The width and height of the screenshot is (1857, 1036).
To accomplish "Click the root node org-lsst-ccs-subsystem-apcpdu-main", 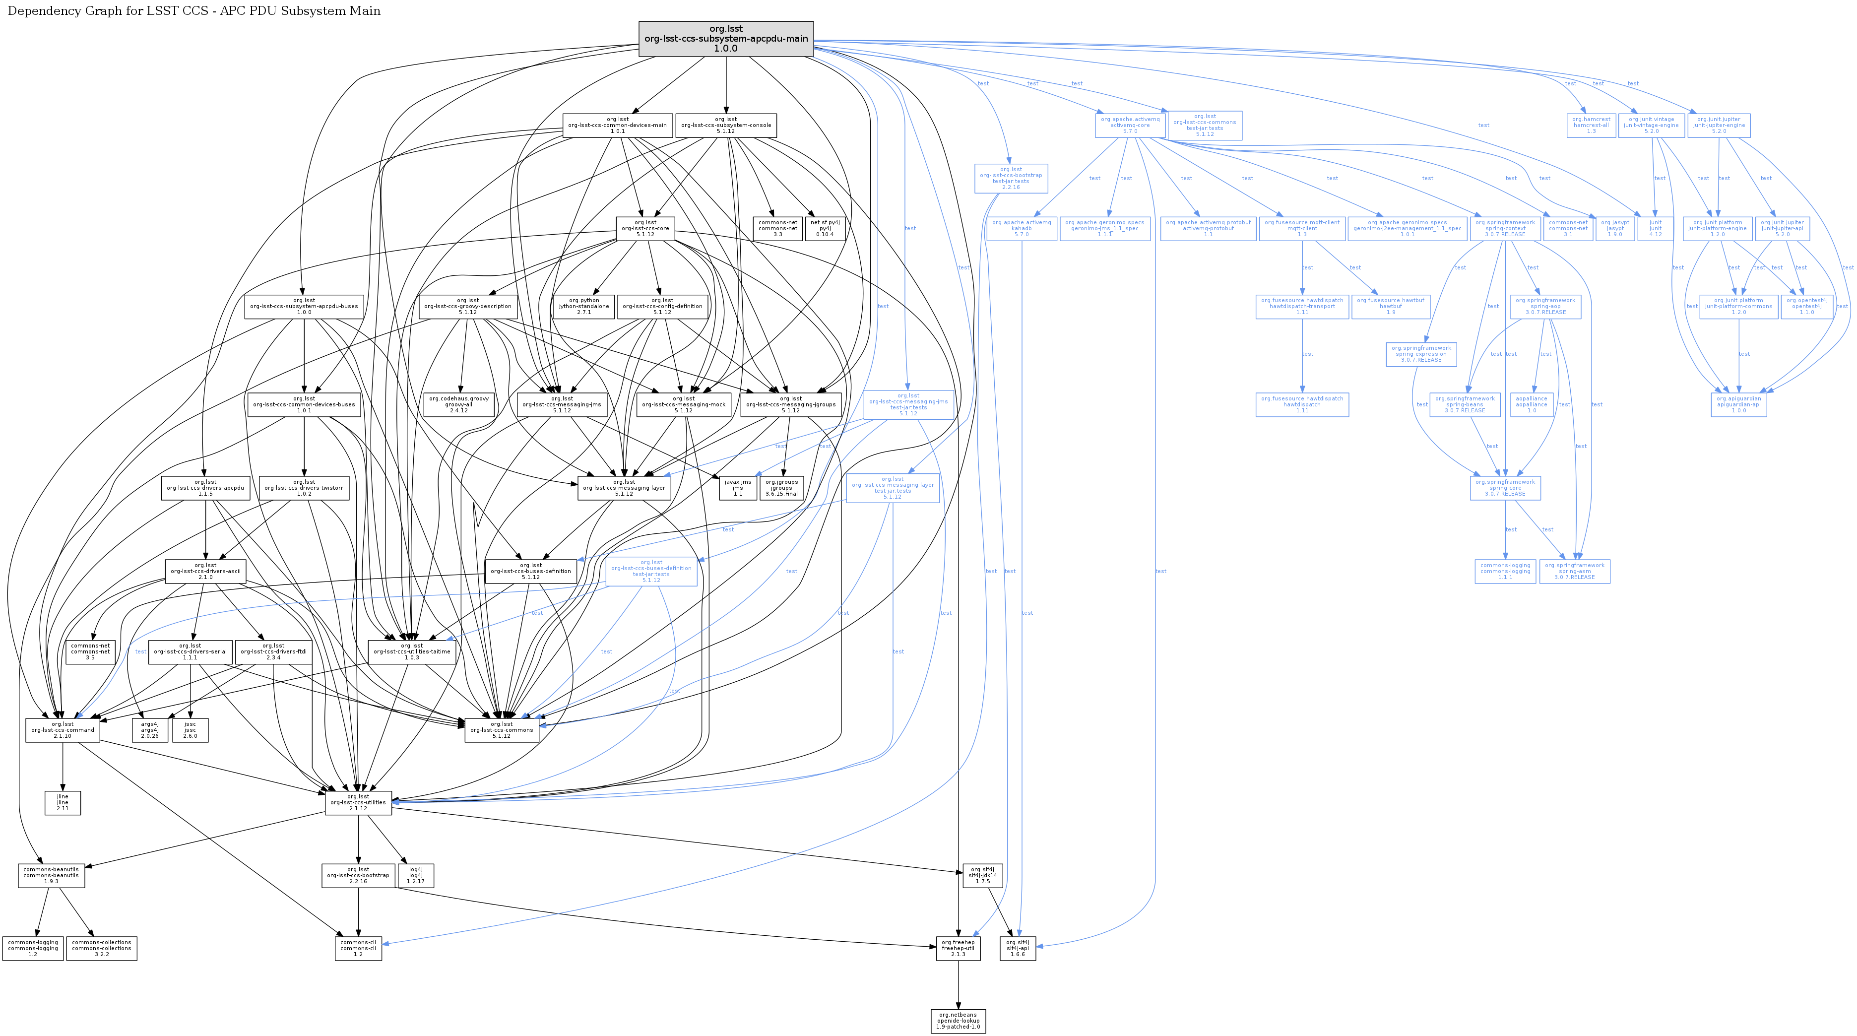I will [x=726, y=39].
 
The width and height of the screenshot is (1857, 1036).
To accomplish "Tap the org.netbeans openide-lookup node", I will [x=958, y=1021].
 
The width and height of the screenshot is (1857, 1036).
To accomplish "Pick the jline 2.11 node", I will [x=63, y=802].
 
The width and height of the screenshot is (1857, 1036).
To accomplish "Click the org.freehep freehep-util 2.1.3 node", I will [x=958, y=948].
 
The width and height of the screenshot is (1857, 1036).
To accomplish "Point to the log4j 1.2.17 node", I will [x=416, y=875].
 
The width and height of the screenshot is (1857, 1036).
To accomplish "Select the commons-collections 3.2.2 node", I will [x=102, y=948].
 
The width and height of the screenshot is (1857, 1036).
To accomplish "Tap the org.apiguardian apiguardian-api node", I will [x=1739, y=404].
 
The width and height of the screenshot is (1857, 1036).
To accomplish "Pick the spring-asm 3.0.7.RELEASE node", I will [x=1574, y=571].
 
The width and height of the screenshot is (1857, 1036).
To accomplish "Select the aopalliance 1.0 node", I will [x=1531, y=404].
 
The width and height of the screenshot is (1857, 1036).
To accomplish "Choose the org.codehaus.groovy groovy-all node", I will [x=459, y=404].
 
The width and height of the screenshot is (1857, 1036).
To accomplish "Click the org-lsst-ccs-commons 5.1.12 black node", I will [x=502, y=729].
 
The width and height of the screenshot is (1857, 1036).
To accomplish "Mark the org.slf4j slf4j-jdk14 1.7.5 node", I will [x=982, y=875].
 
